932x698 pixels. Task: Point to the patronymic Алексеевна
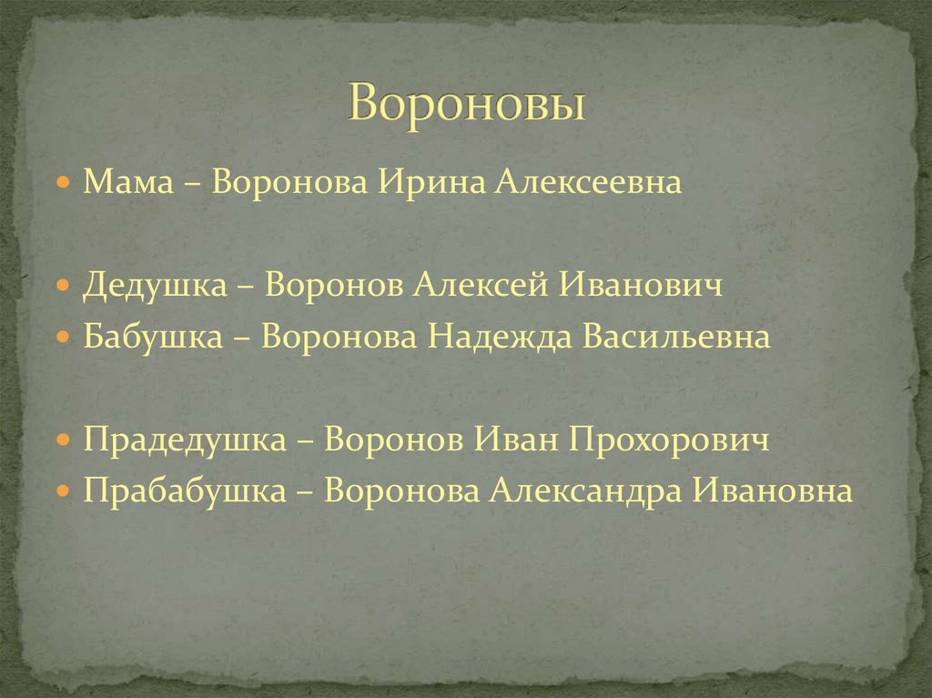[x=588, y=183]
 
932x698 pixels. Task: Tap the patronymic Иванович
[x=641, y=286]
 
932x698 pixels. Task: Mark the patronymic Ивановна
[x=775, y=491]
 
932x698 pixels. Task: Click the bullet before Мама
[x=62, y=183]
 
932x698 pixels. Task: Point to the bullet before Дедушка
[x=62, y=286]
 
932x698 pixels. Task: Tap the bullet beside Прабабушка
[x=62, y=491]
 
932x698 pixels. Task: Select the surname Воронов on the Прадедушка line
[x=394, y=440]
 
